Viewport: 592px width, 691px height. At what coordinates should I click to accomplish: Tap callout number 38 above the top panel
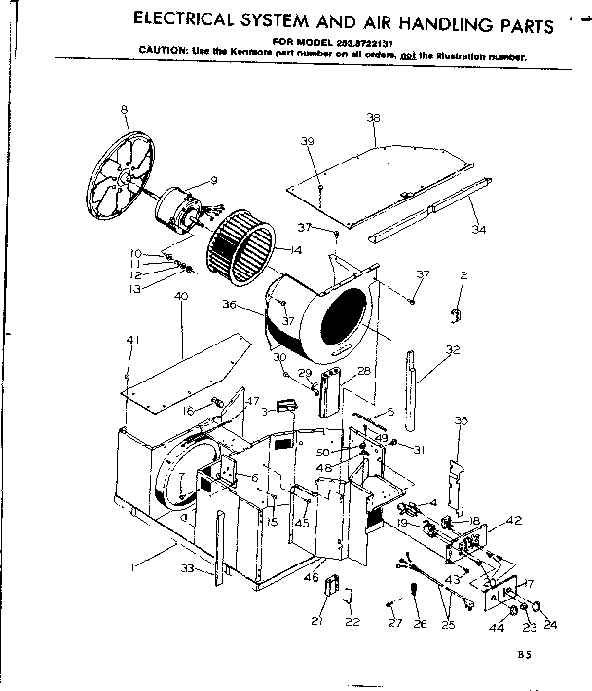(x=372, y=117)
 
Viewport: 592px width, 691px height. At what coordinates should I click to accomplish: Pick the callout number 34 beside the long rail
(x=477, y=230)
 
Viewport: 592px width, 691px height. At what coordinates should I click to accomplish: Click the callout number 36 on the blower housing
(x=230, y=304)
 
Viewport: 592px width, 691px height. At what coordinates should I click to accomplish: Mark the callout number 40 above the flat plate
(x=181, y=295)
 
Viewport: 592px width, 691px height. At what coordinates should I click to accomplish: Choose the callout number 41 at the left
(x=131, y=339)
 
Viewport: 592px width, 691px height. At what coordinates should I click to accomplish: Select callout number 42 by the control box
(x=515, y=521)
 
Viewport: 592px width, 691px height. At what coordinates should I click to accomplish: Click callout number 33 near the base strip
(x=186, y=568)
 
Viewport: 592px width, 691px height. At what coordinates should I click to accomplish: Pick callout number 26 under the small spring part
(x=420, y=624)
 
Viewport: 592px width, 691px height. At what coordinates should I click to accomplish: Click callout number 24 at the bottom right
(x=550, y=624)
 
